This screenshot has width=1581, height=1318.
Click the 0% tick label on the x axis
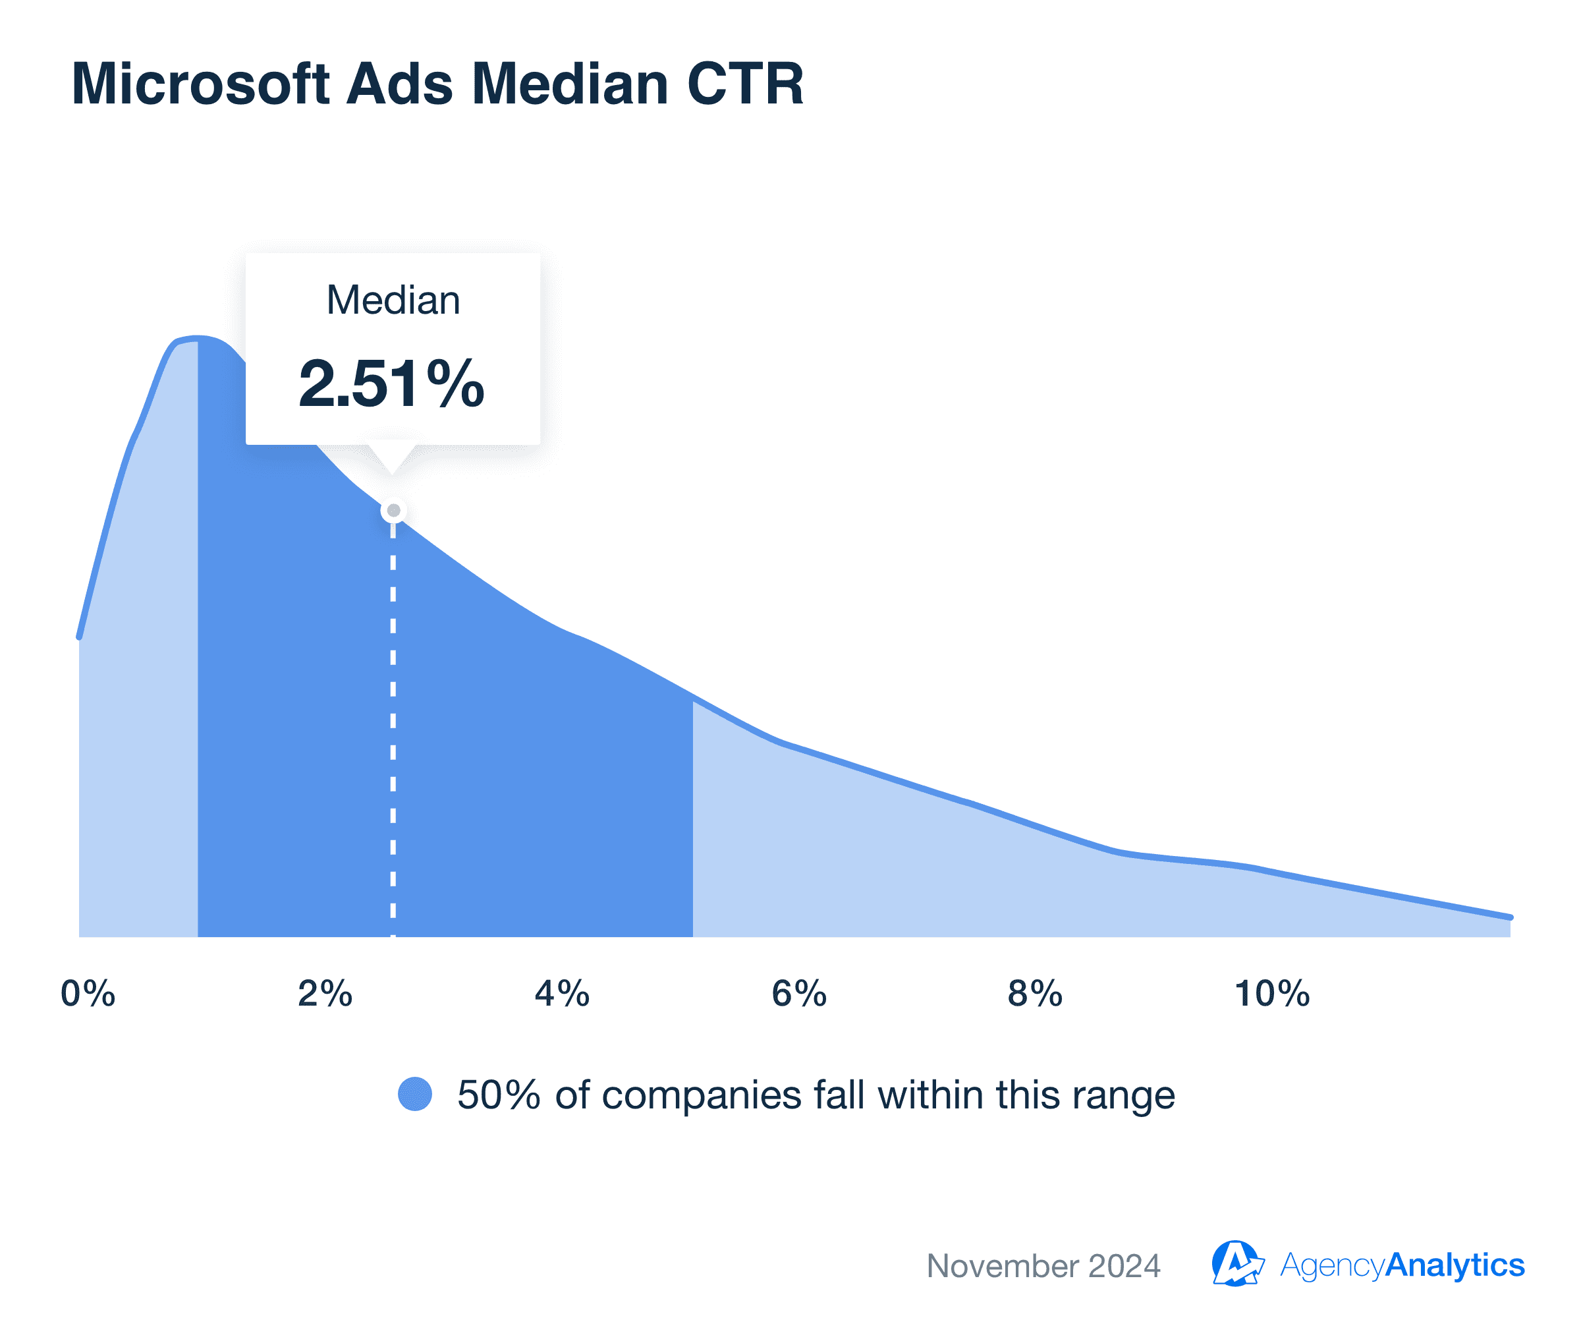pyautogui.click(x=88, y=994)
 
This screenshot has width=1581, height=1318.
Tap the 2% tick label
pyautogui.click(x=325, y=994)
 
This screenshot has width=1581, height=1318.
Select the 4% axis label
pyautogui.click(x=563, y=994)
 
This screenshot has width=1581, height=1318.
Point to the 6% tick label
pyautogui.click(x=800, y=994)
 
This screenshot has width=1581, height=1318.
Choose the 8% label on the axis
pyautogui.click(x=1035, y=994)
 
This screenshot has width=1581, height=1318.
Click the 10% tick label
pyautogui.click(x=1272, y=994)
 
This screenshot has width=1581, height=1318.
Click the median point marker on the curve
pyautogui.click(x=394, y=511)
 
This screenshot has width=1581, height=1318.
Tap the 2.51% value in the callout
pyautogui.click(x=391, y=384)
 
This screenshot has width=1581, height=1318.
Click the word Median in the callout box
pyautogui.click(x=393, y=301)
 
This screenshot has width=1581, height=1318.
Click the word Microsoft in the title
pyautogui.click(x=200, y=84)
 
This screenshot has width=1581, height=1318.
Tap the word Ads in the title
pyautogui.click(x=400, y=84)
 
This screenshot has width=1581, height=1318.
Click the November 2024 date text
pyautogui.click(x=1043, y=1266)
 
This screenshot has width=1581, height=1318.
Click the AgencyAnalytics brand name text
pyautogui.click(x=1402, y=1265)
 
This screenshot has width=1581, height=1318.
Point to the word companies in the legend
pyautogui.click(x=702, y=1095)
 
